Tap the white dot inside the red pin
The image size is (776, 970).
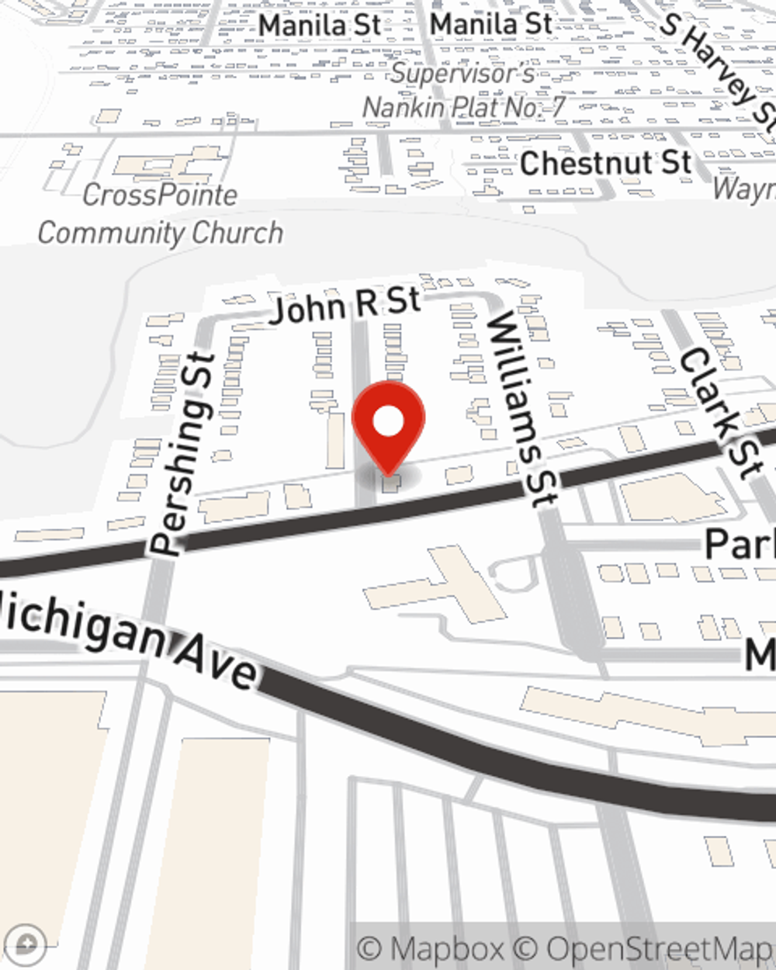point(388,422)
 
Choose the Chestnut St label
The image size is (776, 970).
point(605,163)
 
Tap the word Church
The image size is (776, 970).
point(237,233)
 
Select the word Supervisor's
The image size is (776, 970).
point(462,73)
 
